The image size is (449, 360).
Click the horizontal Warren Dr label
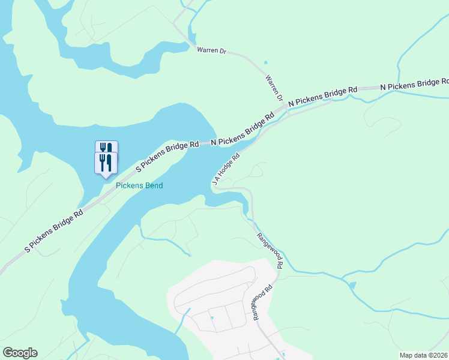click(211, 50)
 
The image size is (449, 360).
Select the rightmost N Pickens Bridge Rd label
click(414, 85)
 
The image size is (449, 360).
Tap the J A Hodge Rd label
click(226, 169)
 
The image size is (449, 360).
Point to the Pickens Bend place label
click(139, 185)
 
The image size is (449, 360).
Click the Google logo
click(20, 353)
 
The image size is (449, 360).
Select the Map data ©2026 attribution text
click(424, 355)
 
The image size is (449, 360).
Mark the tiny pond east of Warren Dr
click(265, 62)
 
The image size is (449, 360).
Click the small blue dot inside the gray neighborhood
click(212, 317)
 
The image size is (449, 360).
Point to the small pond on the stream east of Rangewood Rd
click(352, 286)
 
